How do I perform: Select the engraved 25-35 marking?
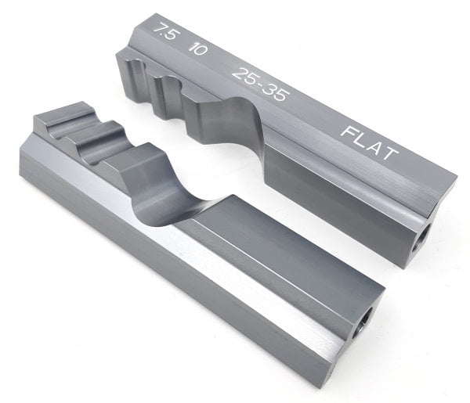tap(261, 84)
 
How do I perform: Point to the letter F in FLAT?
tap(349, 132)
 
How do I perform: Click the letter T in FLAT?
tap(390, 154)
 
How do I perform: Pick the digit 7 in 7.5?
tap(159, 29)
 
